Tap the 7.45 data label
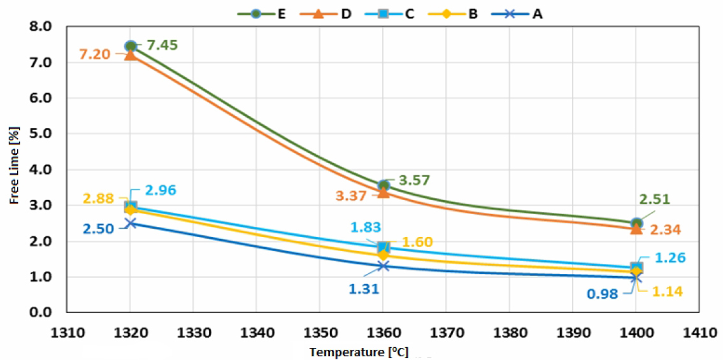click(162, 45)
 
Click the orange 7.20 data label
click(94, 55)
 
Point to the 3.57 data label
click(415, 180)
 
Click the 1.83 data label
click(362, 227)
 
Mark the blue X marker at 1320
click(131, 223)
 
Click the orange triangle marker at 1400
click(636, 228)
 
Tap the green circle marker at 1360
click(383, 185)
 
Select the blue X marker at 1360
click(383, 266)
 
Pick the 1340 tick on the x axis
click(257, 332)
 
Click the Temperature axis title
click(359, 352)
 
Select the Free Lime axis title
click(14, 169)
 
